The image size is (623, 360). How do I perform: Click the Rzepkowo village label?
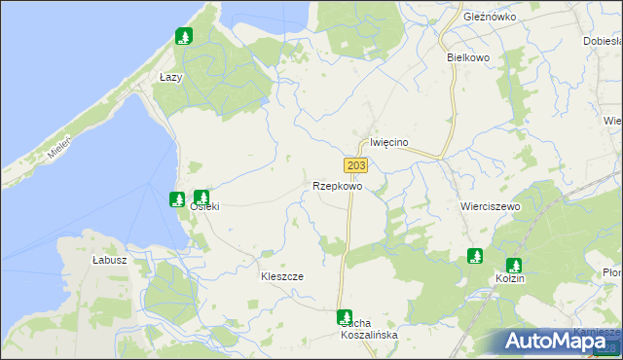(338, 185)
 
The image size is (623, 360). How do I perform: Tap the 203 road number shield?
(355, 166)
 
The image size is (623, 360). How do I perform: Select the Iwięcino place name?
(388, 142)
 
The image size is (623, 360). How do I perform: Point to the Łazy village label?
(170, 77)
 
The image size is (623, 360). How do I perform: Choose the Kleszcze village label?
(282, 276)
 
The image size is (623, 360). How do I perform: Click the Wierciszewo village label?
(490, 207)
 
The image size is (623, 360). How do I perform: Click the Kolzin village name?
(509, 279)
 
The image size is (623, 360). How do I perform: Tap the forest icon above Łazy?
(182, 38)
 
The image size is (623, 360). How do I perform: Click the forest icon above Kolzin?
(514, 265)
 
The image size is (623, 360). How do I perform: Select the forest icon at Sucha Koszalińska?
(345, 316)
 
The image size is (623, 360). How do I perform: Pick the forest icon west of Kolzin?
(475, 256)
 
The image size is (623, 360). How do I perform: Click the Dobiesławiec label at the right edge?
(603, 41)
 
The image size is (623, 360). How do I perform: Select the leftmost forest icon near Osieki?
(177, 199)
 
